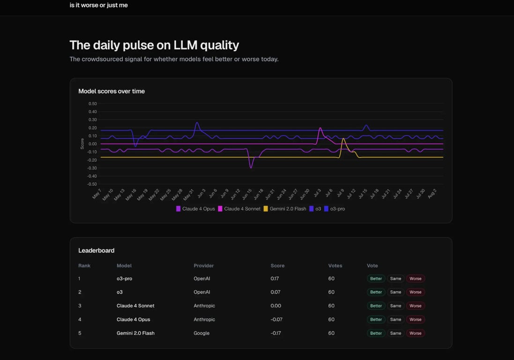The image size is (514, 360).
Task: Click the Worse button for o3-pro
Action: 415,278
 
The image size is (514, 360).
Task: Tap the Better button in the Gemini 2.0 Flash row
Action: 376,333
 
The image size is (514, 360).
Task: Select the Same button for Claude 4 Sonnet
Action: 395,306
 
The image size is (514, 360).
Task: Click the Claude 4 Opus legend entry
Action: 195,209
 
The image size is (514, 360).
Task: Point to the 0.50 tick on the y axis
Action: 92,104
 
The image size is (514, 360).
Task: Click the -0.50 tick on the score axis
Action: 92,184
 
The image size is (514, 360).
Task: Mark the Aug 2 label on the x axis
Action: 432,194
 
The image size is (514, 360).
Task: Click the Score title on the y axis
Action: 82,144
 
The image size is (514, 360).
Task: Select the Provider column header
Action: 203,266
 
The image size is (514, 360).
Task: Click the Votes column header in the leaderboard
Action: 335,266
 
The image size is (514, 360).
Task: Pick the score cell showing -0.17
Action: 276,333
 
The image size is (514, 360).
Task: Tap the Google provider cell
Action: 201,333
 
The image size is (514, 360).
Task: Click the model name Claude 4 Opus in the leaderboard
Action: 133,320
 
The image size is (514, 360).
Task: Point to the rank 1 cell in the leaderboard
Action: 79,278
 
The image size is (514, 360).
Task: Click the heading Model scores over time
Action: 112,91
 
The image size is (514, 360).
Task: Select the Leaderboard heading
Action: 96,251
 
